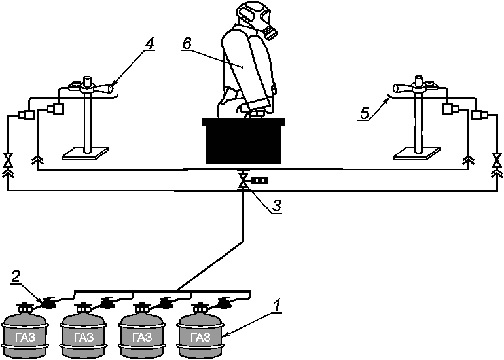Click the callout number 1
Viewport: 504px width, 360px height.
[x=278, y=306]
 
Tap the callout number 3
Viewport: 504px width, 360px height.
[x=277, y=206]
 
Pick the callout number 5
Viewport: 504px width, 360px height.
[x=364, y=113]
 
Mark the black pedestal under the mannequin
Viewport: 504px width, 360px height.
[x=243, y=141]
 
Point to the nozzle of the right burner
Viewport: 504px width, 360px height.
[x=402, y=88]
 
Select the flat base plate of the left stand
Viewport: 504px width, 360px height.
[x=85, y=153]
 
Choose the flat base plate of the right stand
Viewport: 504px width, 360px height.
[x=417, y=153]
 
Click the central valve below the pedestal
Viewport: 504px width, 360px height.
[x=243, y=181]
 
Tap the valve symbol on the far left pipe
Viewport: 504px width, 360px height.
[x=7, y=160]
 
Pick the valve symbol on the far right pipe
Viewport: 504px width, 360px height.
[x=497, y=160]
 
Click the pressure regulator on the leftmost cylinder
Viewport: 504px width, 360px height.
[x=49, y=303]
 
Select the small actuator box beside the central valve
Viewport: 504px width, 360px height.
[x=259, y=181]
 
